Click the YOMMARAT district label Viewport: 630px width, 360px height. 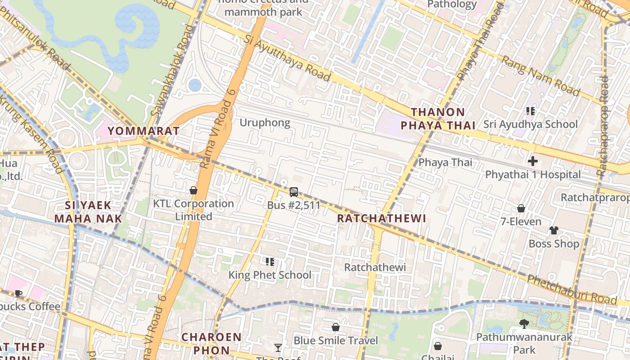144,131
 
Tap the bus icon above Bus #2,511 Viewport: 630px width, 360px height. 293,192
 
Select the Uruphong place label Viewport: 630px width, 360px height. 265,123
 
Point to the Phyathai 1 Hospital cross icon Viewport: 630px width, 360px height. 533,161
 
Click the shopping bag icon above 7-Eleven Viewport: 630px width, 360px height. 521,208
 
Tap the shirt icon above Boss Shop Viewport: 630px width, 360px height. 553,230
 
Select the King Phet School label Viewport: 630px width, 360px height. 270,275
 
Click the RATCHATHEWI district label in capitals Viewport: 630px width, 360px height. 381,219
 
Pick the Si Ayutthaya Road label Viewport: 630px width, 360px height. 288,58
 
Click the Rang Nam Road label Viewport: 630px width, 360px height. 540,75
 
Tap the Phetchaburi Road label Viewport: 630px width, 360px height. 571,289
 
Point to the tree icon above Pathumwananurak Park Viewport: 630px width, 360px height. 524,324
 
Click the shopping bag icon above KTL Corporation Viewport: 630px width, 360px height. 193,190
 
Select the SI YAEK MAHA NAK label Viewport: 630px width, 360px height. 88,212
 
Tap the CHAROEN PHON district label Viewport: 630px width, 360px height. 211,343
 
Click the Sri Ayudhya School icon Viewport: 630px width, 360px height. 530,111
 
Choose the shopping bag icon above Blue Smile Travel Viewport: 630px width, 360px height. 335,327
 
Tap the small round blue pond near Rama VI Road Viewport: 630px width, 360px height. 194,85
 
